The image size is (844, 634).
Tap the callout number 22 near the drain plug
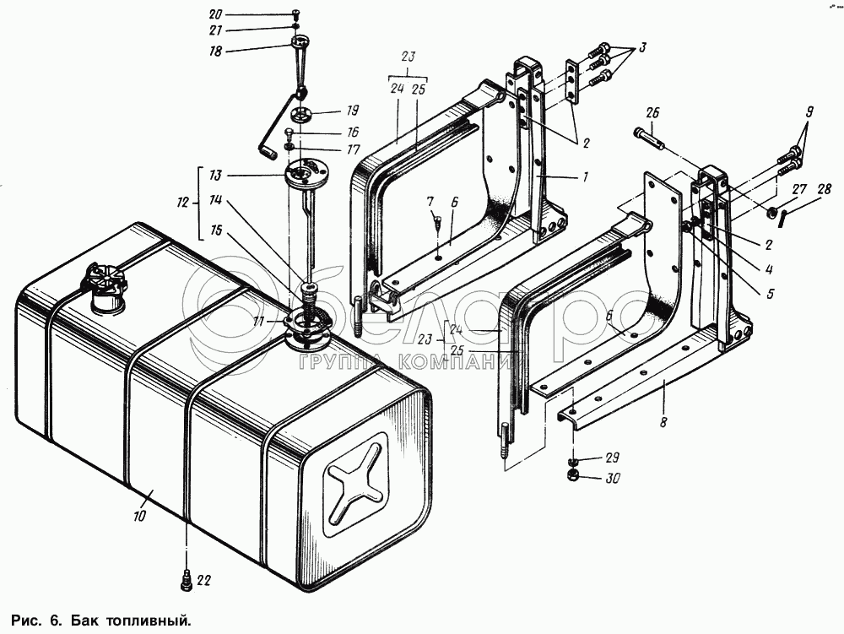pyautogui.click(x=205, y=580)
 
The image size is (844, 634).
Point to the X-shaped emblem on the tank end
pyautogui.click(x=353, y=490)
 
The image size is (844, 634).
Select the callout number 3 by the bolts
pyautogui.click(x=643, y=48)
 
